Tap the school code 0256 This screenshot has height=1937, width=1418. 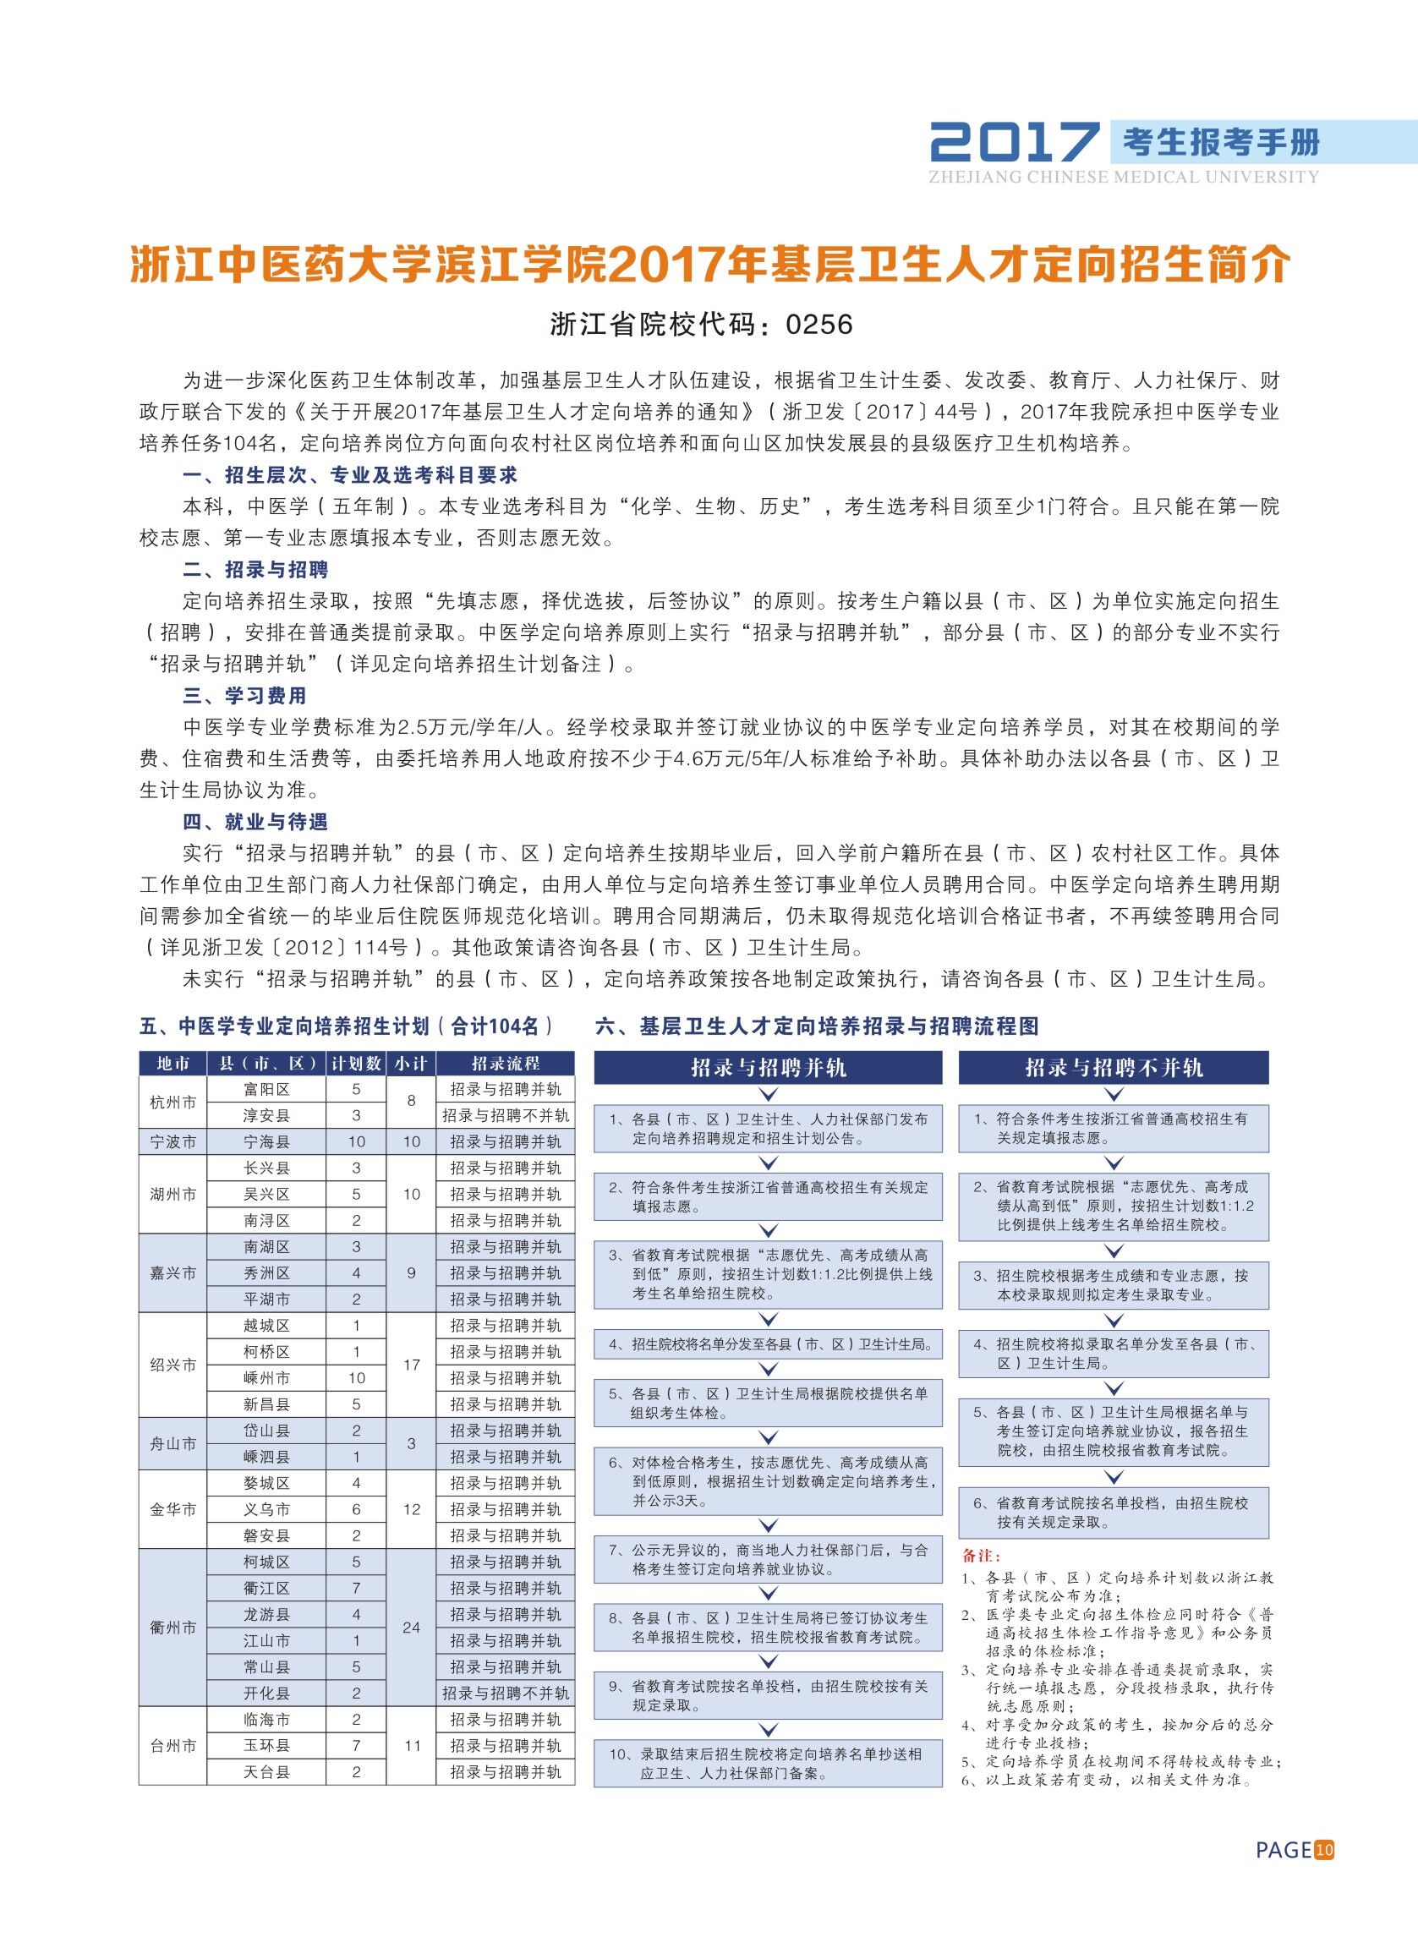(818, 324)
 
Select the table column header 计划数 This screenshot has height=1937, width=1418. (356, 1064)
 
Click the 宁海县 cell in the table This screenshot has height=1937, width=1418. (267, 1141)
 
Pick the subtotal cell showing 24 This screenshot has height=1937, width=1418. (411, 1628)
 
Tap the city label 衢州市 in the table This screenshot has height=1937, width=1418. (173, 1628)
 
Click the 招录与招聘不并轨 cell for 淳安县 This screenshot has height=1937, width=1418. (505, 1116)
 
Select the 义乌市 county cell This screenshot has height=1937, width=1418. (267, 1508)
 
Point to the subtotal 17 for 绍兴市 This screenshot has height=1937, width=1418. (411, 1365)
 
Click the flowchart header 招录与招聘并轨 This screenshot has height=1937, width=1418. (769, 1068)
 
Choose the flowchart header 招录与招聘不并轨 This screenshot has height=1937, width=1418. (1114, 1068)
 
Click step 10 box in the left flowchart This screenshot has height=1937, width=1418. (769, 1762)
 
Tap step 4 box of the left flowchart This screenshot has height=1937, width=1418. (769, 1344)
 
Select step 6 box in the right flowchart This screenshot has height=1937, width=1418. (1114, 1513)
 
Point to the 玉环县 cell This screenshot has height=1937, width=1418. (267, 1746)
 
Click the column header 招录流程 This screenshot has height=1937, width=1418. (505, 1064)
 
